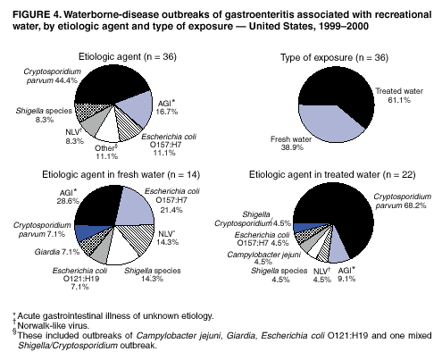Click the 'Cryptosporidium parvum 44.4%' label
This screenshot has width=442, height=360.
tap(53, 75)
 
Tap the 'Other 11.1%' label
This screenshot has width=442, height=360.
tap(110, 150)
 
